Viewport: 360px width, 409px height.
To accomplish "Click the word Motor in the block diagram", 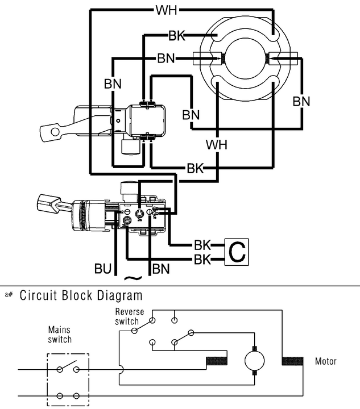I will click(x=325, y=361).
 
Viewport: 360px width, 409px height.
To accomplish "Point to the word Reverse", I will click(x=129, y=312).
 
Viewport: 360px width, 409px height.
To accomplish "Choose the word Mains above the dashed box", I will click(x=60, y=329).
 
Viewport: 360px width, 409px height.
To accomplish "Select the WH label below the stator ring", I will click(x=217, y=144).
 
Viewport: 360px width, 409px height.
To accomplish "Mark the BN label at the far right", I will click(x=301, y=102).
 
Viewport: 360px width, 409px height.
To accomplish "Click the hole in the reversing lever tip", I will click(x=54, y=132).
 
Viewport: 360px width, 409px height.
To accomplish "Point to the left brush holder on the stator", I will click(x=205, y=58).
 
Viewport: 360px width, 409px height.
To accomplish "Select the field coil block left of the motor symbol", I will click(x=217, y=361).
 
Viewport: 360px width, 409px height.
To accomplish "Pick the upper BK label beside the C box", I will click(x=202, y=246).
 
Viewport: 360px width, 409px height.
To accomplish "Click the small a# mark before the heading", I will click(x=9, y=295).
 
